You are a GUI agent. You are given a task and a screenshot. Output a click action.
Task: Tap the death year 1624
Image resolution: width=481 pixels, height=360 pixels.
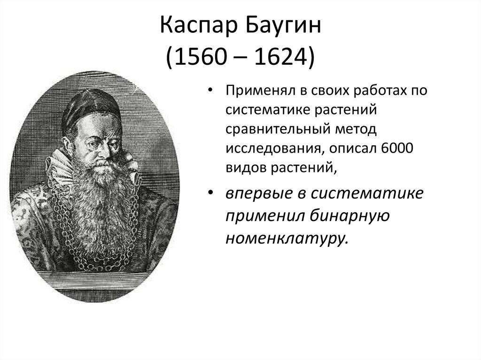279,56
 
